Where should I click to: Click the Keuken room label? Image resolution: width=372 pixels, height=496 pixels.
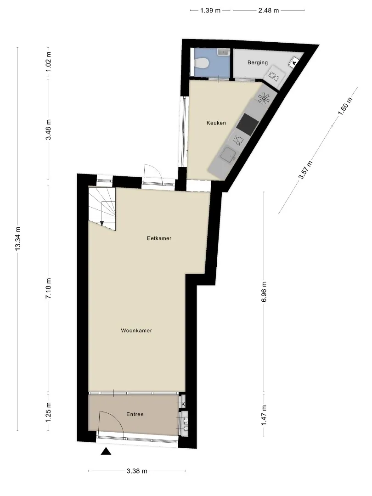click(x=216, y=123)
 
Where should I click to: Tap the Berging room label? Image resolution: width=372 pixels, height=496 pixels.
click(x=258, y=62)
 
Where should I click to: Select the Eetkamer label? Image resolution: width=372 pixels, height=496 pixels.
click(x=159, y=238)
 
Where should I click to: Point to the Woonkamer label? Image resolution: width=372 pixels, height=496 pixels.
click(x=136, y=331)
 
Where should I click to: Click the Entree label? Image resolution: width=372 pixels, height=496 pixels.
click(x=135, y=414)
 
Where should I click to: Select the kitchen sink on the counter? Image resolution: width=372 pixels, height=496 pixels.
click(x=228, y=155)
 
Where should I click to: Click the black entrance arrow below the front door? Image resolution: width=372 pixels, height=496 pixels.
click(x=106, y=451)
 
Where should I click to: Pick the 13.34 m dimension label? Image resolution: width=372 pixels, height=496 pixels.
click(x=18, y=239)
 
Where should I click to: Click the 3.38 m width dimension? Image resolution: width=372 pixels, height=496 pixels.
click(x=137, y=471)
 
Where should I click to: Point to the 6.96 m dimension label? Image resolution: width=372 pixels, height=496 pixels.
click(x=264, y=291)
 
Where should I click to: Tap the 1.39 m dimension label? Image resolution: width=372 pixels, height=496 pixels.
click(x=210, y=11)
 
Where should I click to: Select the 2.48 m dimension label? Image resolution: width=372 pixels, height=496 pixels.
click(x=269, y=11)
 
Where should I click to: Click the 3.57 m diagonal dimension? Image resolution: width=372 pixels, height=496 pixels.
click(x=306, y=170)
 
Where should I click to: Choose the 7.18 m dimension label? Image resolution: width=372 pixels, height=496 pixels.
click(x=48, y=288)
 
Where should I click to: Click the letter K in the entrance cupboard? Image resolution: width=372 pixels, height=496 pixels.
click(x=183, y=404)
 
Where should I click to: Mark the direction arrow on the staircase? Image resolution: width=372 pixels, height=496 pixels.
click(x=102, y=224)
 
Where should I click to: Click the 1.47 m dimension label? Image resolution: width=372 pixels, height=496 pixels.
click(x=264, y=415)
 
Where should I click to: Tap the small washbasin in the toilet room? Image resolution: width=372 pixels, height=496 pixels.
click(x=224, y=52)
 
